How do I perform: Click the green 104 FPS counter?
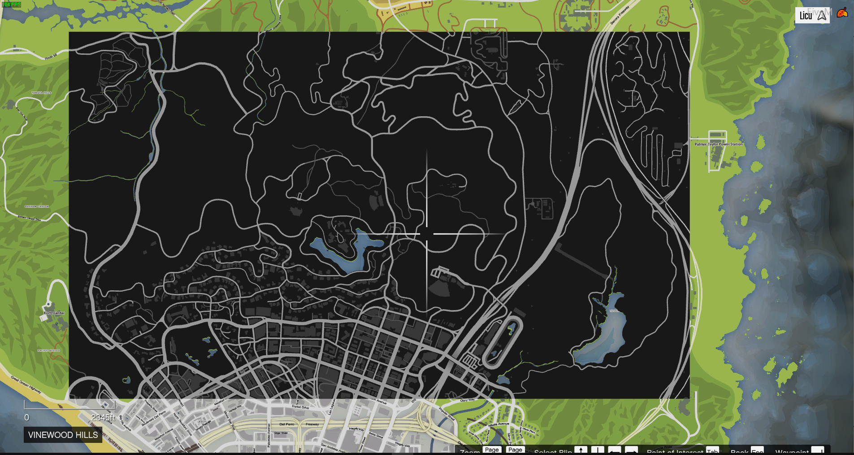tap(12, 4)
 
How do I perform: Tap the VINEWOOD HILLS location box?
tap(63, 435)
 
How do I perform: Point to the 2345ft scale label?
tap(103, 417)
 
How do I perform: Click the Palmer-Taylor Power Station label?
tap(718, 144)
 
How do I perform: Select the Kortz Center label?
tap(54, 313)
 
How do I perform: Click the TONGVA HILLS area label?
tap(41, 93)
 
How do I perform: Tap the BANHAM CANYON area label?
tap(37, 206)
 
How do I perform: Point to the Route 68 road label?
tap(51, 57)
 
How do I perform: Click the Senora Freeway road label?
tap(620, 16)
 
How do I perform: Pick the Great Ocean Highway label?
tap(26, 385)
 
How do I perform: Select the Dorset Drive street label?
tap(300, 407)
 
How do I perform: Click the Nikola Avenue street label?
tap(499, 424)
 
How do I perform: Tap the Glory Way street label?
tap(467, 400)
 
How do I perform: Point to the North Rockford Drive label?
tap(182, 424)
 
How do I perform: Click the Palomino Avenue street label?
tap(269, 435)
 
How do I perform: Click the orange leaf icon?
tap(842, 13)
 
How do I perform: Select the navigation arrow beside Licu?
tap(822, 16)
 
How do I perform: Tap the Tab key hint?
tap(712, 451)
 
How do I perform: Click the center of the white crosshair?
tap(426, 234)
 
